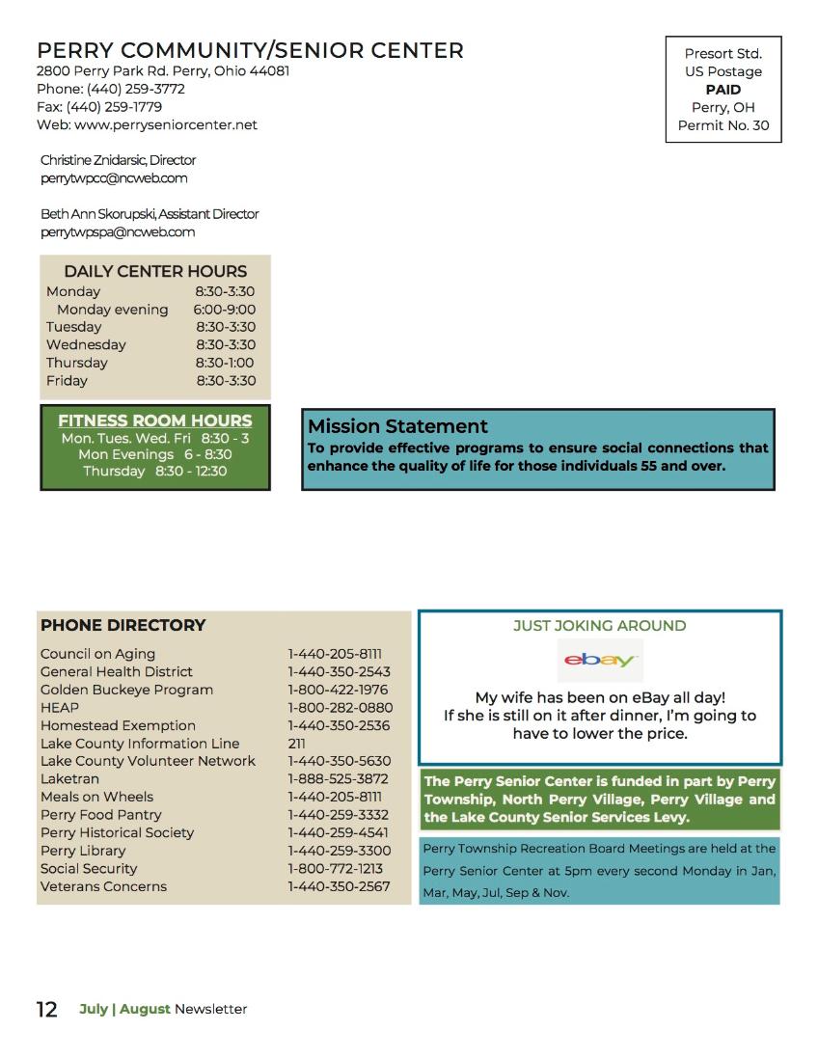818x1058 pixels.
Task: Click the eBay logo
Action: point(600,661)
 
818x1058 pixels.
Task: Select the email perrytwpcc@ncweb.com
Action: point(114,178)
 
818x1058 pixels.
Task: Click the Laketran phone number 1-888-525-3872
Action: point(338,778)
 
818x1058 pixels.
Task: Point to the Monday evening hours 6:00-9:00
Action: point(224,310)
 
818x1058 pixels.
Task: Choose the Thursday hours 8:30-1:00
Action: point(224,363)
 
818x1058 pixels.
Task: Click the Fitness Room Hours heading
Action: point(154,420)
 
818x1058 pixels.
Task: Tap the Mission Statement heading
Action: point(397,426)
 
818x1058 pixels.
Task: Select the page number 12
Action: point(47,1010)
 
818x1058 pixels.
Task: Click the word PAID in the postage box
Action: point(723,90)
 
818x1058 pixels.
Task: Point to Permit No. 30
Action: point(723,125)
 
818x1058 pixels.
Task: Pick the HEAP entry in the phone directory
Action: point(60,707)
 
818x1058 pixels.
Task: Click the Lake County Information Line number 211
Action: point(296,743)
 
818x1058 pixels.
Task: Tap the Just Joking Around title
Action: point(599,626)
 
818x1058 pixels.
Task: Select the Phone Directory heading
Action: point(123,625)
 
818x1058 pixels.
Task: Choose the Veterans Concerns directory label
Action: point(103,886)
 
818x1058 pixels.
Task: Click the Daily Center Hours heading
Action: point(155,271)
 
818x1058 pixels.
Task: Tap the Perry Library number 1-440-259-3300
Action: point(339,851)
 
